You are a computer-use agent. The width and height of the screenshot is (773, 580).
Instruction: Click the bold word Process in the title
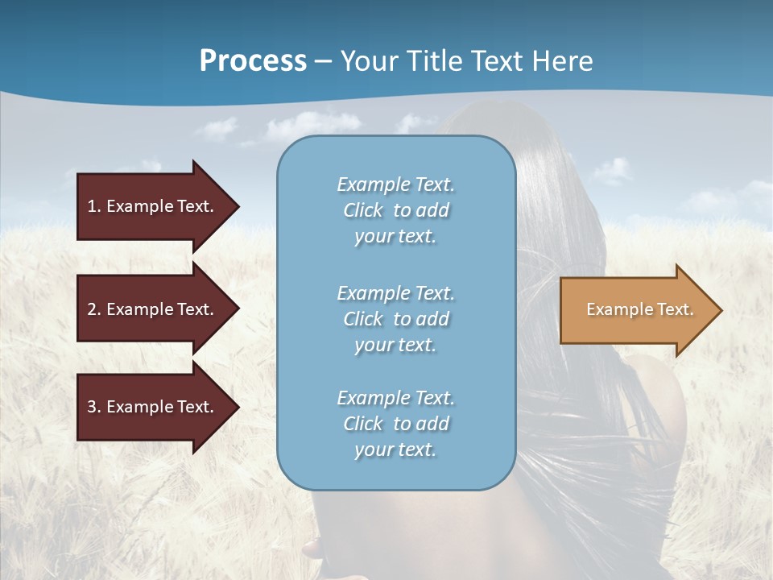[253, 61]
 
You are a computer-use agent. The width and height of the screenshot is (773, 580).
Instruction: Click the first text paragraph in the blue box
[395, 210]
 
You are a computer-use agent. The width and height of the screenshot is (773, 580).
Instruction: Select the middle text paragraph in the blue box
[395, 319]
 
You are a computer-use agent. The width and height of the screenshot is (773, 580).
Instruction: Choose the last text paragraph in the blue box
[395, 424]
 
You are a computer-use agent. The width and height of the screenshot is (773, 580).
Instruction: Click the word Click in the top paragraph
[363, 210]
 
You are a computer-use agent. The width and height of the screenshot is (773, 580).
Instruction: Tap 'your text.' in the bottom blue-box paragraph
[395, 449]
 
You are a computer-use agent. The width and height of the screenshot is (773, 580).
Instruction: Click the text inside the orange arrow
[640, 309]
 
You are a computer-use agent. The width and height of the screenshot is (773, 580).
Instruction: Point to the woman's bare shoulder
[664, 395]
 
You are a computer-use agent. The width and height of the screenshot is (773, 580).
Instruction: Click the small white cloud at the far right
[612, 171]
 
